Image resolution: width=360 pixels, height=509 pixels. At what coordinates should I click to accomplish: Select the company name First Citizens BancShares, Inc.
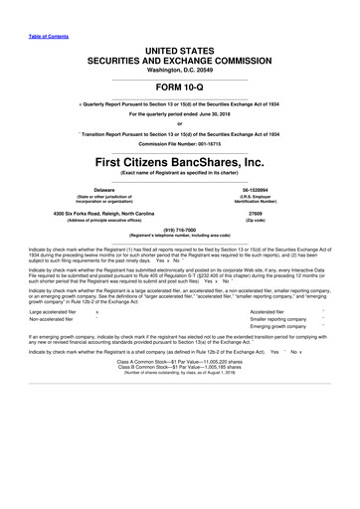180,161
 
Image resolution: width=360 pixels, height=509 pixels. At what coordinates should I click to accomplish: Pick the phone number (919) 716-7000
180,240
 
